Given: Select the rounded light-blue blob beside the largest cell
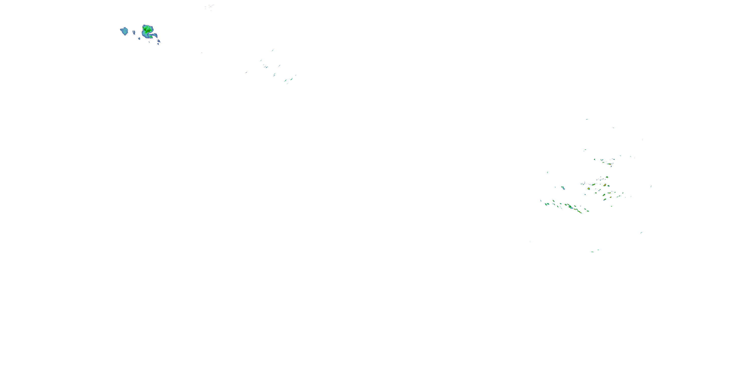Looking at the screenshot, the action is pos(124,31).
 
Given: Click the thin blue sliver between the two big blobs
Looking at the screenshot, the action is pos(134,32).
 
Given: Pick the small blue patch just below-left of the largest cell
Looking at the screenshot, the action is pos(139,38).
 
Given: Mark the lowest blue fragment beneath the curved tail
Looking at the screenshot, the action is pos(158,44).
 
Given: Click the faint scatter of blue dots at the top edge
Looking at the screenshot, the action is pos(209,7).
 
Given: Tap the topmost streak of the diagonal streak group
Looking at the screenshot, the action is pos(273,50).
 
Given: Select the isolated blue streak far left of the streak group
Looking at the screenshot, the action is pos(246,72).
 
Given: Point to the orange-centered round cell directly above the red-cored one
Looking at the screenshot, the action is pos(607,177).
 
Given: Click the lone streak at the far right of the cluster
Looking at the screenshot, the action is pos(651,186).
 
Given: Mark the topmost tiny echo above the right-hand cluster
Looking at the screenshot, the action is pos(587,119).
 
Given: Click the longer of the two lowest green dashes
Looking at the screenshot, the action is pos(592,252).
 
